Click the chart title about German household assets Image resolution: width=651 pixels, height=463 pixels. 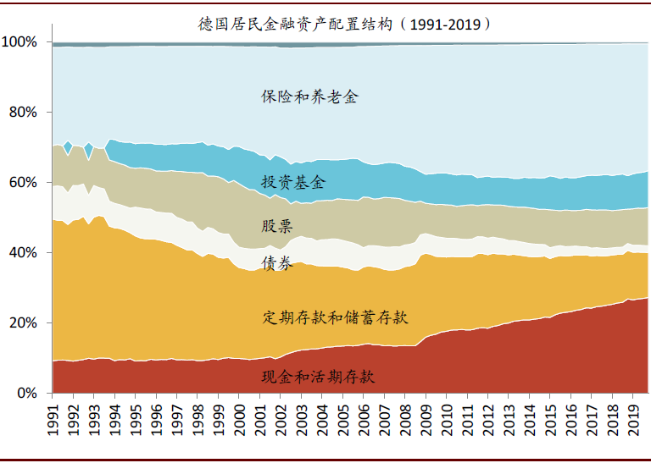[343, 23]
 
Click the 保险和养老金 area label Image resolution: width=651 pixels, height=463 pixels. [309, 96]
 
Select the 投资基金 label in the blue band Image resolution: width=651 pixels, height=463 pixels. [293, 182]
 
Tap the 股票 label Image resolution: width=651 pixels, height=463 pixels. [277, 226]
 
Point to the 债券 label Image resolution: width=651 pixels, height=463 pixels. [277, 263]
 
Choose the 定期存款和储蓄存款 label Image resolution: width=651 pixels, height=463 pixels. [336, 317]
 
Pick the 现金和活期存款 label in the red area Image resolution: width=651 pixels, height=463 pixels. [318, 376]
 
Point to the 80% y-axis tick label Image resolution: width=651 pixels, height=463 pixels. [24, 112]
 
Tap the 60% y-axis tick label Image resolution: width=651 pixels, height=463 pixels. [24, 182]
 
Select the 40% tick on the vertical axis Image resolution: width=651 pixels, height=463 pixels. [24, 252]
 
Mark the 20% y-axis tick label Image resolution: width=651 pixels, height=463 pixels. [24, 322]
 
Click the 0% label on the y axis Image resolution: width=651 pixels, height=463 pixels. [27, 393]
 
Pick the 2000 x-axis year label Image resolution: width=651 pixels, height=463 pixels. [239, 419]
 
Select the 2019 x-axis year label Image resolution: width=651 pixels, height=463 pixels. [632, 419]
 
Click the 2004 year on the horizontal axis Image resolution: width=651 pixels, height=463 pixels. [321, 419]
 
